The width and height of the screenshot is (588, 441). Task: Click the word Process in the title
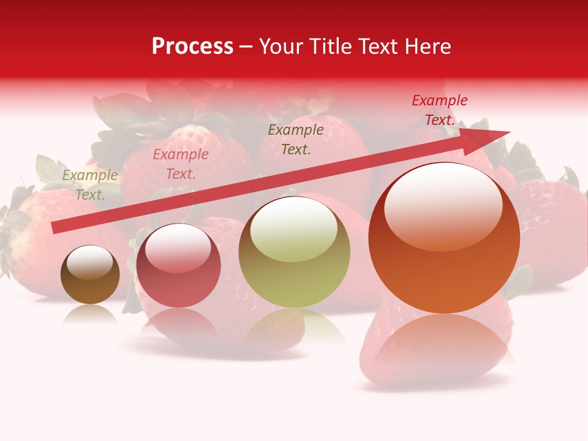(x=192, y=47)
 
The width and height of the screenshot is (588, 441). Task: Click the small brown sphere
(x=90, y=275)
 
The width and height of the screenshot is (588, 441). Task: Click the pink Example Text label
(x=181, y=164)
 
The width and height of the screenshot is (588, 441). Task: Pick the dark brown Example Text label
(x=296, y=139)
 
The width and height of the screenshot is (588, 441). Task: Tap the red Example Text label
(x=440, y=110)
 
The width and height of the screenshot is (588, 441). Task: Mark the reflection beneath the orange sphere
(x=444, y=343)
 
